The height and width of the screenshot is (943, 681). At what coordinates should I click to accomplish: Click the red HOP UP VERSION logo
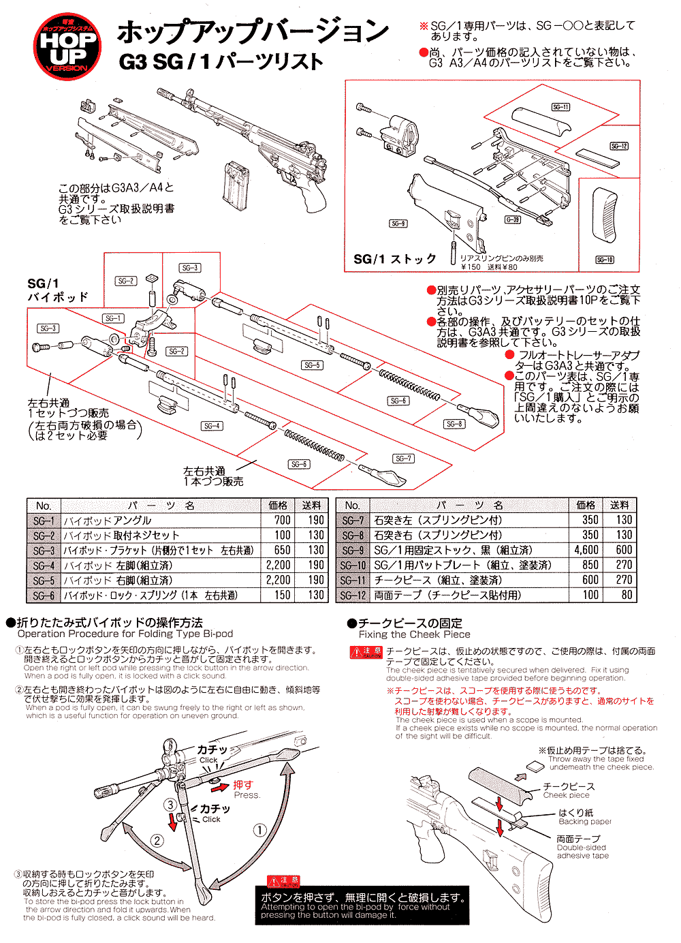click(x=68, y=46)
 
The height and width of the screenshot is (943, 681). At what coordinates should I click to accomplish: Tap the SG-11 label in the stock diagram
click(x=560, y=107)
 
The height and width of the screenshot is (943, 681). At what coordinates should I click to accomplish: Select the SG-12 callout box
click(x=618, y=146)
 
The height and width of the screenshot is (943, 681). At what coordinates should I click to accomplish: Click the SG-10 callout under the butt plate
click(x=605, y=260)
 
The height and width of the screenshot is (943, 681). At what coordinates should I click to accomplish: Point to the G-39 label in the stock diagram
click(x=512, y=219)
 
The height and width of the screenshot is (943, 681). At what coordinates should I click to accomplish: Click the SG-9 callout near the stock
click(x=398, y=223)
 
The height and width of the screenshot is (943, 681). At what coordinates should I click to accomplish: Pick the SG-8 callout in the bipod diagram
click(x=454, y=424)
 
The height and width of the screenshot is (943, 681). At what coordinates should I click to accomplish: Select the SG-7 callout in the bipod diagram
click(x=403, y=459)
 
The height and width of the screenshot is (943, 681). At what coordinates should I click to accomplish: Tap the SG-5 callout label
click(x=312, y=365)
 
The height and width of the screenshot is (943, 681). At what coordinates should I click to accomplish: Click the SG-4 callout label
click(x=212, y=426)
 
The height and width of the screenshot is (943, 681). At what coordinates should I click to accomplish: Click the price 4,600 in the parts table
click(x=586, y=550)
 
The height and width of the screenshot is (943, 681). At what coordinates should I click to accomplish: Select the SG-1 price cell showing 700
click(x=282, y=520)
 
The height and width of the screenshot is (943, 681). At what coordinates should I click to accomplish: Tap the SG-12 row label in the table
click(x=353, y=595)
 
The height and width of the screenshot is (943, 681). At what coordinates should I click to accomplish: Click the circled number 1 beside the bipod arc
click(x=259, y=830)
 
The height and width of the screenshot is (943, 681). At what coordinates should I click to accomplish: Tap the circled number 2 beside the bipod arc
click(x=157, y=840)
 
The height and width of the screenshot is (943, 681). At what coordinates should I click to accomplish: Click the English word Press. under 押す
click(x=247, y=795)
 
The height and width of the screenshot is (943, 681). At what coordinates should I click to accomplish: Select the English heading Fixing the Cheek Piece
click(x=414, y=634)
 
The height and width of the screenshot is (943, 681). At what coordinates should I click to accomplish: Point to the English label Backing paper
click(x=585, y=822)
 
